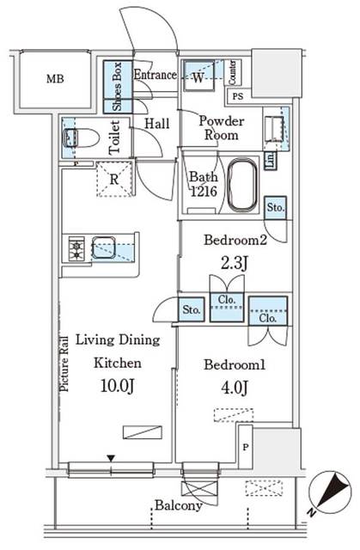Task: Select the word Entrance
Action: click(155, 76)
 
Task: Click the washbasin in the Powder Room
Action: click(276, 127)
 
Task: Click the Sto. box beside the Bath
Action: click(275, 208)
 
